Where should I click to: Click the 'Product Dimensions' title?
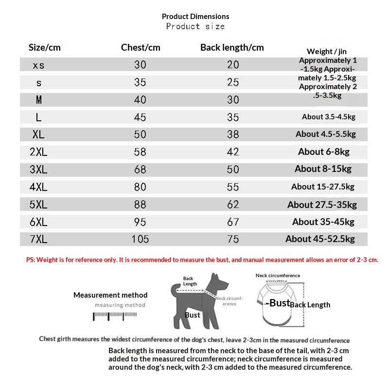pyautogui.click(x=195, y=17)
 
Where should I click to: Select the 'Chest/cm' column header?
pyautogui.click(x=141, y=47)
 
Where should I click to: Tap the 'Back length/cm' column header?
pyautogui.click(x=232, y=47)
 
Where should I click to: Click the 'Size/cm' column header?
pyautogui.click(x=45, y=47)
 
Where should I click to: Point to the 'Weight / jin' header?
pyautogui.click(x=327, y=51)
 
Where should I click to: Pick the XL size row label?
pyautogui.click(x=38, y=134)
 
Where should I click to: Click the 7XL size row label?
pyautogui.click(x=38, y=239)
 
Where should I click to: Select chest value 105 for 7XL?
pyautogui.click(x=140, y=239)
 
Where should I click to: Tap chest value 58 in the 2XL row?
pyautogui.click(x=140, y=152)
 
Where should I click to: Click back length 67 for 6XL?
pyautogui.click(x=233, y=222)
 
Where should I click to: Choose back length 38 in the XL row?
pyautogui.click(x=233, y=134)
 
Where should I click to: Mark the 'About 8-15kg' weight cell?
pyautogui.click(x=323, y=169)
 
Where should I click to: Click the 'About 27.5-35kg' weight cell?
pyautogui.click(x=322, y=205)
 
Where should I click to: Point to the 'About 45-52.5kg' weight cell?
pyautogui.click(x=320, y=239)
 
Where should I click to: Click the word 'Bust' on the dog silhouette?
pyautogui.click(x=193, y=315)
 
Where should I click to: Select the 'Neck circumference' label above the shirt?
pyautogui.click(x=278, y=276)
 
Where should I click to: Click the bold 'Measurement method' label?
pyautogui.click(x=110, y=295)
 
